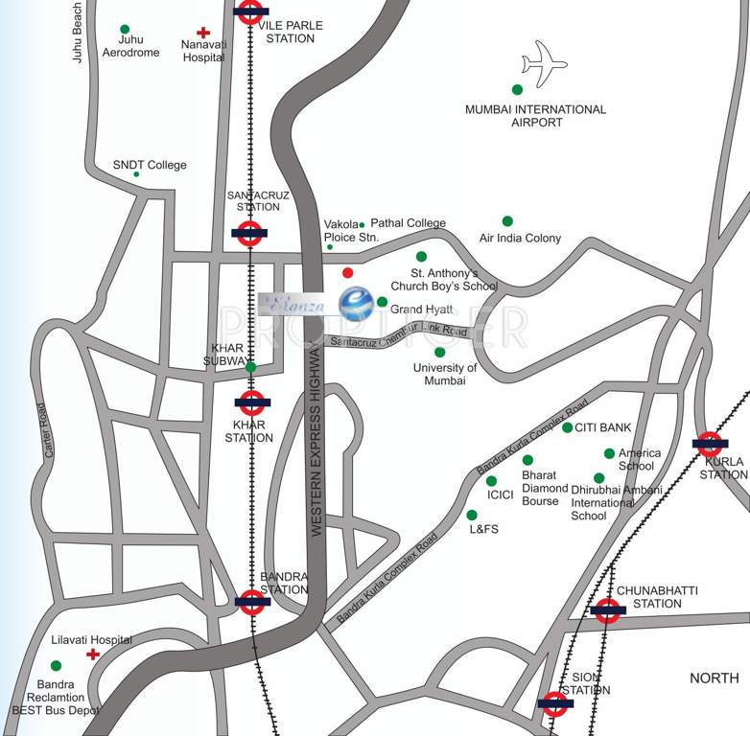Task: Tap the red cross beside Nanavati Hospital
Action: pyautogui.click(x=202, y=33)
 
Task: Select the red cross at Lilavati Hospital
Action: pyautogui.click(x=93, y=655)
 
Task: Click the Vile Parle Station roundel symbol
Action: pyautogui.click(x=250, y=11)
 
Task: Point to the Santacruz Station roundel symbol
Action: pyautogui.click(x=249, y=233)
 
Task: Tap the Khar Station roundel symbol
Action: pyautogui.click(x=251, y=403)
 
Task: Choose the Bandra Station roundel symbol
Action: pyautogui.click(x=252, y=602)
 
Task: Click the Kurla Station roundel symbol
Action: pyautogui.click(x=709, y=444)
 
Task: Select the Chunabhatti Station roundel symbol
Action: pyautogui.click(x=607, y=610)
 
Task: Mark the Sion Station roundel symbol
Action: pyautogui.click(x=555, y=704)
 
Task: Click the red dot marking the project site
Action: pyautogui.click(x=347, y=273)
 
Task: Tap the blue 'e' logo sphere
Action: pyautogui.click(x=356, y=304)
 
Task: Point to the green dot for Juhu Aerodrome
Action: pyautogui.click(x=125, y=29)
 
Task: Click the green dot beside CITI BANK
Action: pyautogui.click(x=567, y=427)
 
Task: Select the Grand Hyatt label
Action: pyautogui.click(x=421, y=310)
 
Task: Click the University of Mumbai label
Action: pyautogui.click(x=445, y=374)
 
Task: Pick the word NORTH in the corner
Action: pyautogui.click(x=715, y=678)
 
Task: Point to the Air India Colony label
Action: pyautogui.click(x=520, y=238)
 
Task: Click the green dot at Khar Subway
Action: pyautogui.click(x=250, y=367)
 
